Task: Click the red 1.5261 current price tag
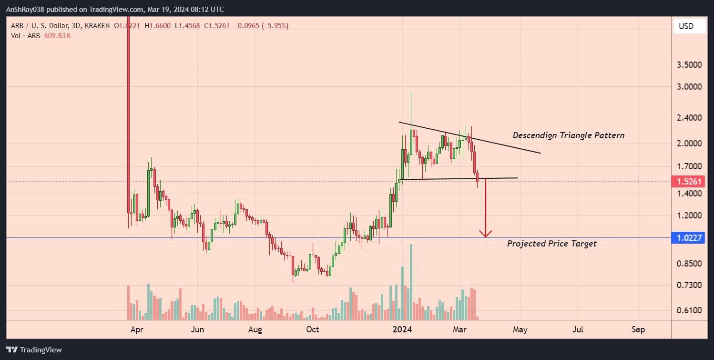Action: pos(688,182)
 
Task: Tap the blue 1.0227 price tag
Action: pos(688,238)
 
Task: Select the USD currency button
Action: pos(686,26)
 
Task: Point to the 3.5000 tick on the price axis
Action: pos(689,64)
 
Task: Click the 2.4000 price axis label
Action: pos(689,117)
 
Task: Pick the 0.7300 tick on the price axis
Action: pos(689,285)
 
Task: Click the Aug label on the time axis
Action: pos(255,329)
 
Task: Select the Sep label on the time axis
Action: pos(638,329)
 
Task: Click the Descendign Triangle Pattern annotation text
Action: pos(568,135)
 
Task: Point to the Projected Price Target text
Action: pos(551,244)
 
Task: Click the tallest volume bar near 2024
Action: pos(411,281)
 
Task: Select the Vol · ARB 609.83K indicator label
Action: pos(41,36)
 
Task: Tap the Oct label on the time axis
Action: pos(313,329)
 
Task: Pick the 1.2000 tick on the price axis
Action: pos(689,216)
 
